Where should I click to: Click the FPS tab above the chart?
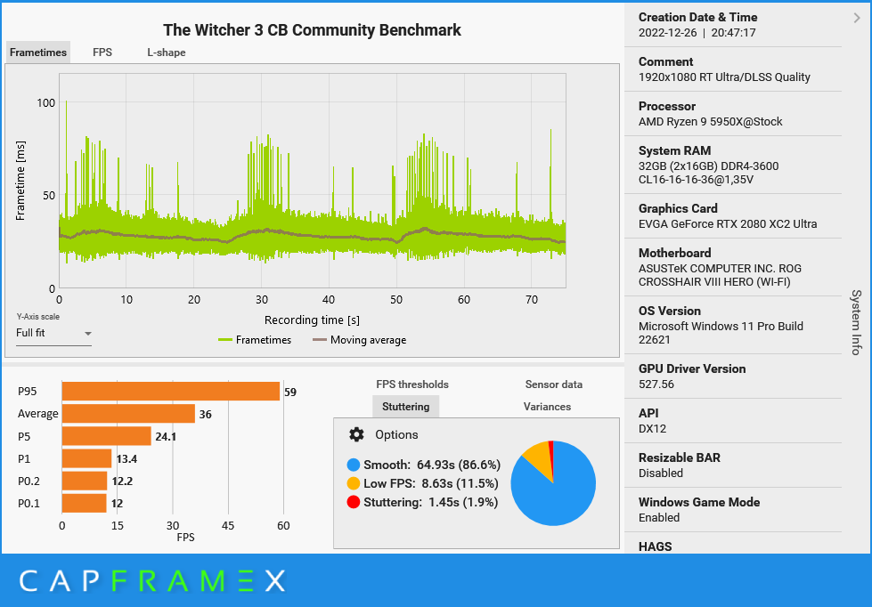102,53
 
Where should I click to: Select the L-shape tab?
167,53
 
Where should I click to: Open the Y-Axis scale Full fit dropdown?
53,334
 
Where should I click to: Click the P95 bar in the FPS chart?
170,392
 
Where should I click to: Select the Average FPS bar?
128,414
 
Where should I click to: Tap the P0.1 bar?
84,504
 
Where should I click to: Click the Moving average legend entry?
359,340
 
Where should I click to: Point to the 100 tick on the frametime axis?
45,103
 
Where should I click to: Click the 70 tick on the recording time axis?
532,300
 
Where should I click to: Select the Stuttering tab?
405,407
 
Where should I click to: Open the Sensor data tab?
554,384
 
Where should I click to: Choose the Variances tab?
547,407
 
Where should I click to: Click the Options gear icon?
357,434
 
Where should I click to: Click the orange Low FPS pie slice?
537,457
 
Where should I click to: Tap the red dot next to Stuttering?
354,502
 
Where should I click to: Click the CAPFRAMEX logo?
152,581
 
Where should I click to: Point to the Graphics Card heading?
678,209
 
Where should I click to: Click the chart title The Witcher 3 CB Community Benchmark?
312,30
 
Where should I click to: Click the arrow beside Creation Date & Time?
857,17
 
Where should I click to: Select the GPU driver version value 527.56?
656,384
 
